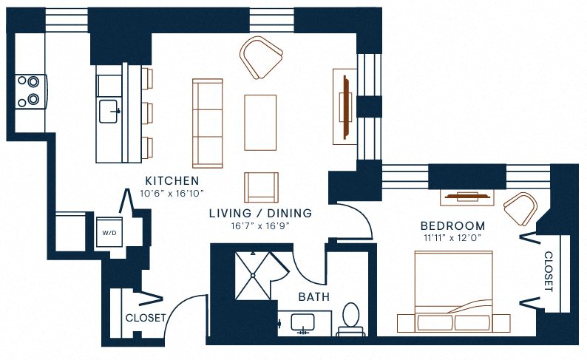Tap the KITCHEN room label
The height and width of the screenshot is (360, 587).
point(172,180)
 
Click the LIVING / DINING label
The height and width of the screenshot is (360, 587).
point(259,213)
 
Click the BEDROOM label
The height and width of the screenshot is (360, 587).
point(452,225)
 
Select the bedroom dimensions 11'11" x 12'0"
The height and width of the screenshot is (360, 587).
point(452,238)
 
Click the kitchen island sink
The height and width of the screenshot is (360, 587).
point(110,111)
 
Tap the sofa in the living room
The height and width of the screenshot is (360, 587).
point(207,123)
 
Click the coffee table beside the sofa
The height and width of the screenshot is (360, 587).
point(260,122)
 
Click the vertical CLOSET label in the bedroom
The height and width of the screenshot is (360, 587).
point(549,271)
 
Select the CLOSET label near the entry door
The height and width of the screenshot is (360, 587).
point(145,318)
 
